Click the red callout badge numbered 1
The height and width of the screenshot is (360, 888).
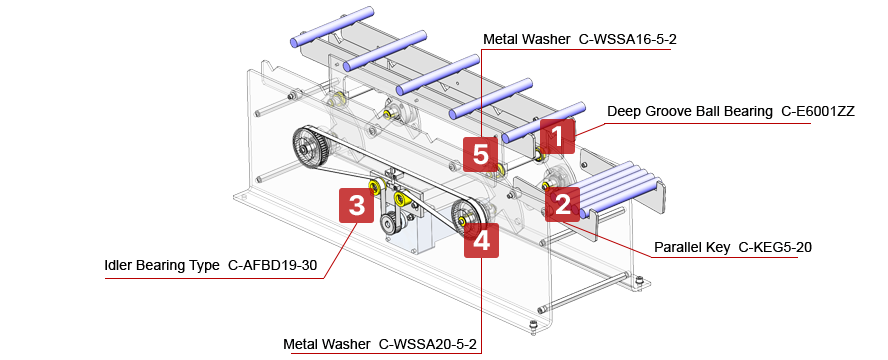pos(558,134)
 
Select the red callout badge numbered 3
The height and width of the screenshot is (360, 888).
pos(356,206)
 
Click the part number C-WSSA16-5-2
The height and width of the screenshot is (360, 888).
pos(635,40)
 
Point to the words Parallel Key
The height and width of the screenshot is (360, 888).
pos(691,246)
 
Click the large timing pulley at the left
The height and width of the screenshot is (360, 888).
pos(312,149)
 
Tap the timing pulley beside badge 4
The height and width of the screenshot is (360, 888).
pos(467,216)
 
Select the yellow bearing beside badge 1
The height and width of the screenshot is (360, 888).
pos(539,156)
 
